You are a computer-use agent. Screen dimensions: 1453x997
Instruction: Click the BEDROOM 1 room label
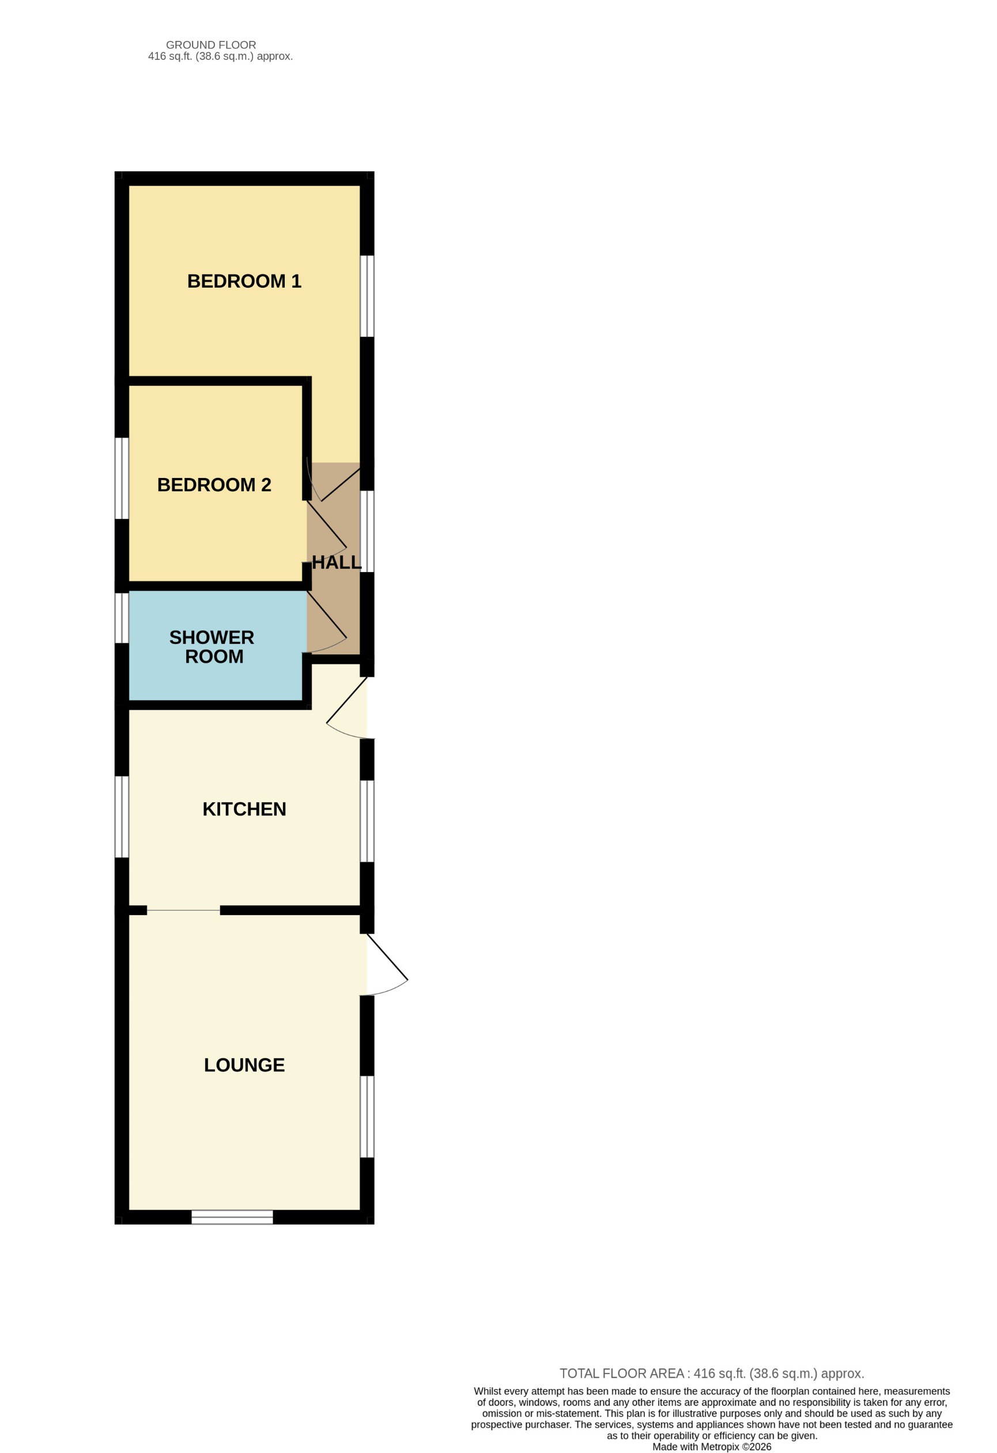[244, 281]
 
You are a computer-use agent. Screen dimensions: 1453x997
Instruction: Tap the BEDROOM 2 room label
[214, 484]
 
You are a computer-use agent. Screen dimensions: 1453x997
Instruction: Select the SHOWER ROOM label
[212, 646]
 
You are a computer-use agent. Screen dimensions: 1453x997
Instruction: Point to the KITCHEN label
[244, 809]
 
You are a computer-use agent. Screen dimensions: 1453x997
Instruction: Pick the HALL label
[337, 563]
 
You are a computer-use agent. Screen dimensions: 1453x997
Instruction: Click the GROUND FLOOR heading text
[211, 45]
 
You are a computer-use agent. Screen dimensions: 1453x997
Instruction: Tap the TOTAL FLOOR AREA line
[711, 1373]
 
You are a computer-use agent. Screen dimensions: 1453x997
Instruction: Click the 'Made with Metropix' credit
[711, 1447]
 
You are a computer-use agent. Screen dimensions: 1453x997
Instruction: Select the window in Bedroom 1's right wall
[367, 296]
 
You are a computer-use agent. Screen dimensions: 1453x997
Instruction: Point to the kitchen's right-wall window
[367, 821]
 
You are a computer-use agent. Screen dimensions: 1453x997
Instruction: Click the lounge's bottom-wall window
[232, 1217]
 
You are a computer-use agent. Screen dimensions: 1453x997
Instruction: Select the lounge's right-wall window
[367, 1117]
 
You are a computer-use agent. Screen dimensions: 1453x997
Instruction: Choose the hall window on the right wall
[367, 532]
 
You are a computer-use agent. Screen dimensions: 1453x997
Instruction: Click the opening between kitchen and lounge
[183, 910]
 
